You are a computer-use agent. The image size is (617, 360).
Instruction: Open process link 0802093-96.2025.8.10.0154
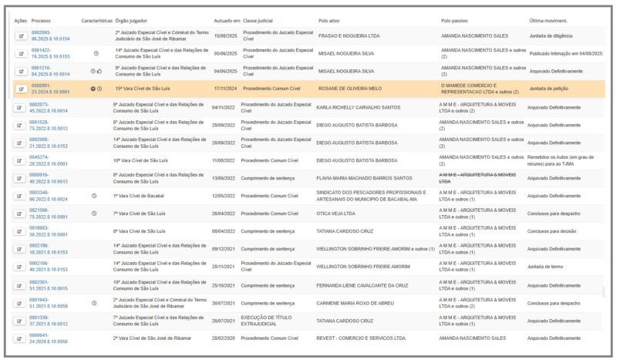[50, 35]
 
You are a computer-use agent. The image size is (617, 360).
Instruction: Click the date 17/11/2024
[224, 89]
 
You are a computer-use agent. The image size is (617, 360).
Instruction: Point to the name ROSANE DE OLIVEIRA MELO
[350, 89]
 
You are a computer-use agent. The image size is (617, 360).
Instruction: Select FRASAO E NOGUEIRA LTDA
[349, 35]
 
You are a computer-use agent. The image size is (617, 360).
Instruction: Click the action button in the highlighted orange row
[20, 89]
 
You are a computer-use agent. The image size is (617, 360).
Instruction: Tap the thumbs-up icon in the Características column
[99, 71]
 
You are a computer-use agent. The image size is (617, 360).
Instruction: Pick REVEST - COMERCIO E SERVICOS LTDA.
[361, 338]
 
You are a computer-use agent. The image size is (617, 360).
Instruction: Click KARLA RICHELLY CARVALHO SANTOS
[359, 107]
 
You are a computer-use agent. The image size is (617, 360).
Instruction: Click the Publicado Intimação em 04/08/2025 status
[566, 53]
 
